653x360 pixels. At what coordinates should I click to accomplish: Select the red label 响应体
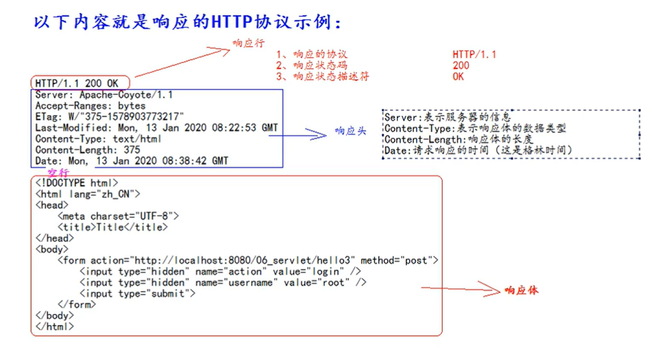point(521,290)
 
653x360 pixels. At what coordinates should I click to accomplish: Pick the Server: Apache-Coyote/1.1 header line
point(104,95)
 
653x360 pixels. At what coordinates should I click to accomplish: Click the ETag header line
point(109,117)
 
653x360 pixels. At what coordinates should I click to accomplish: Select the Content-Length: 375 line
point(87,150)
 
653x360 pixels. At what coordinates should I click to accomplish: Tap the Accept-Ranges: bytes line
point(90,106)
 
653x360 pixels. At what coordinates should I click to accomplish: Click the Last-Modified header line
point(156,128)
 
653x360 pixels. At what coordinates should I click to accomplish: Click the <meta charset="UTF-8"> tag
point(118,216)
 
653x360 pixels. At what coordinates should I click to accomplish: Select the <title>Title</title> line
point(112,227)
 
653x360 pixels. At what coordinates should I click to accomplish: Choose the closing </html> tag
point(55,326)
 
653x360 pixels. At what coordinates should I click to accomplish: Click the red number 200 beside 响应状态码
point(461,66)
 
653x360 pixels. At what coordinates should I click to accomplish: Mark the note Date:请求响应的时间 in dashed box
point(478,150)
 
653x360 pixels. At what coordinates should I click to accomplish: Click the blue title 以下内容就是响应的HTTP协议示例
point(187,22)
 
